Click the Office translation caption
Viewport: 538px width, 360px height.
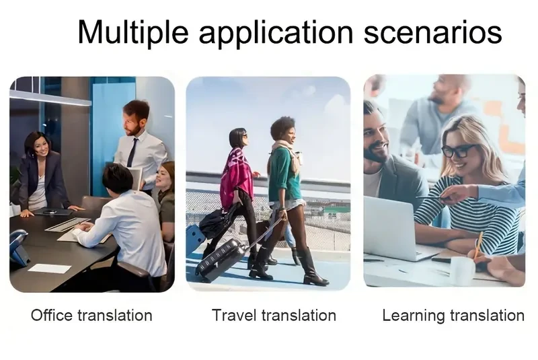click(91, 314)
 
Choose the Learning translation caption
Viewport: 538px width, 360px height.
click(453, 314)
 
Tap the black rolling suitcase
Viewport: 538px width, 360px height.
click(221, 259)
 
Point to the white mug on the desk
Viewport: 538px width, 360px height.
click(463, 270)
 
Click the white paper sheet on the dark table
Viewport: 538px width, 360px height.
click(50, 268)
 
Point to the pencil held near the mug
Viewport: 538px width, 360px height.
click(478, 246)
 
